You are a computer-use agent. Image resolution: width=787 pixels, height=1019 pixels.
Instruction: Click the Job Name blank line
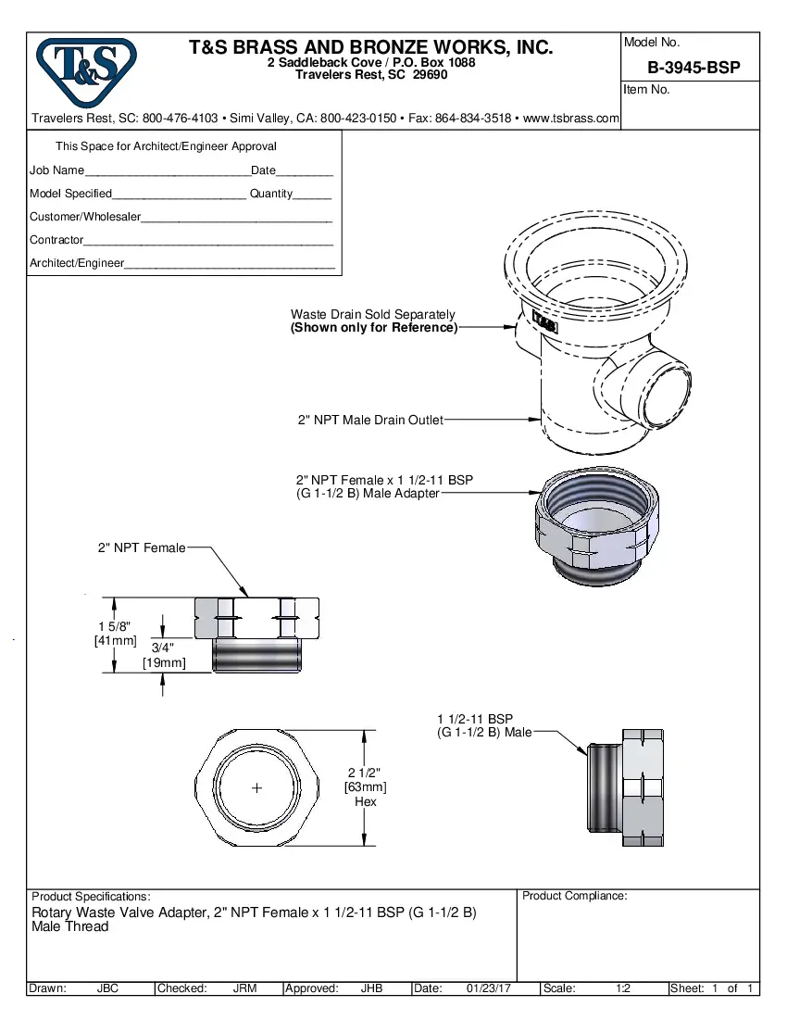pos(167,171)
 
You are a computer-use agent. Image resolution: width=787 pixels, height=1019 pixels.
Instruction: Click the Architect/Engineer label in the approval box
pos(77,263)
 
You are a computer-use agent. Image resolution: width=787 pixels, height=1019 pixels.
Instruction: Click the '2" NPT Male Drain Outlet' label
pos(370,421)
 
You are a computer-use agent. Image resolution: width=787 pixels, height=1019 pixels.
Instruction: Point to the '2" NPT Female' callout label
pos(142,548)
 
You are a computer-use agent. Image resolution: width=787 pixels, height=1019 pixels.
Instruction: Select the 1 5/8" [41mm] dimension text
pos(115,634)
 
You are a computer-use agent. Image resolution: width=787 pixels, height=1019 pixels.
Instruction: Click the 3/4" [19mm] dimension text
pos(163,655)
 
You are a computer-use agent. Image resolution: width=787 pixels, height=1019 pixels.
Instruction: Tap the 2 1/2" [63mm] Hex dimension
pos(365,786)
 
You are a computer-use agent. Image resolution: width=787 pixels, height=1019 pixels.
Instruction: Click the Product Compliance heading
pos(574,896)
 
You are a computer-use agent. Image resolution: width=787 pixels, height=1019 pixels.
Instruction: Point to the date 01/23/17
pos(489,988)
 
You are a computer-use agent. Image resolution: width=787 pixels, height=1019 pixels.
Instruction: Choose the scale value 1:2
pos(623,988)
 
